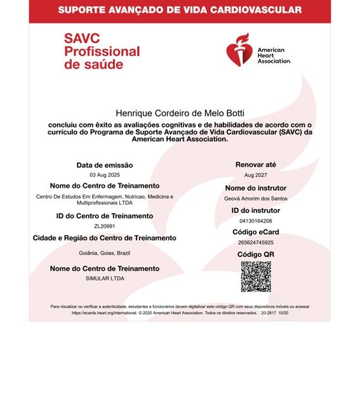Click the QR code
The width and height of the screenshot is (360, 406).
[x=255, y=276]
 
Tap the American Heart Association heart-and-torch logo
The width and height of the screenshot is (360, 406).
[x=241, y=49]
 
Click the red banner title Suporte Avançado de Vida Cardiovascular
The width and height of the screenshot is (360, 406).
[x=180, y=10]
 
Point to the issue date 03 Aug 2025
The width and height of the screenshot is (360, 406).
[x=104, y=174]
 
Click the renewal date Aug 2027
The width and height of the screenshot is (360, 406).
[x=255, y=174]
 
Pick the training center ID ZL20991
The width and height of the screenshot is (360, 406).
[x=104, y=225]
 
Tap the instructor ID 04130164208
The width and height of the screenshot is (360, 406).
[x=255, y=220]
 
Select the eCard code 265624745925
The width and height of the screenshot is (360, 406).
[x=255, y=242]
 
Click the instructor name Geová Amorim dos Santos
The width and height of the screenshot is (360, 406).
[x=255, y=199]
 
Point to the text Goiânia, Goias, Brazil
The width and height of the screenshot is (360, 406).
[x=104, y=252]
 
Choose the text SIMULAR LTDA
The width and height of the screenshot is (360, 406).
[x=104, y=278]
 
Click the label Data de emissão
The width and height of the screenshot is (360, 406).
[x=104, y=165]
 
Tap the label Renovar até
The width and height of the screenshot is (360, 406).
[x=255, y=164]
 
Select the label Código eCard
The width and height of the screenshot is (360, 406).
[x=255, y=232]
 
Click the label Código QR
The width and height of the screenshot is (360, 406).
[x=255, y=254]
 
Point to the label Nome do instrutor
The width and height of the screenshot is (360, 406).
[x=255, y=188]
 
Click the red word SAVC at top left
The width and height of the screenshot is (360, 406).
[x=83, y=38]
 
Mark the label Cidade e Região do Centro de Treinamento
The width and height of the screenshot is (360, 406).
[x=104, y=238]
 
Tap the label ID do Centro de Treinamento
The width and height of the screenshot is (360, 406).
[x=104, y=216]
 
